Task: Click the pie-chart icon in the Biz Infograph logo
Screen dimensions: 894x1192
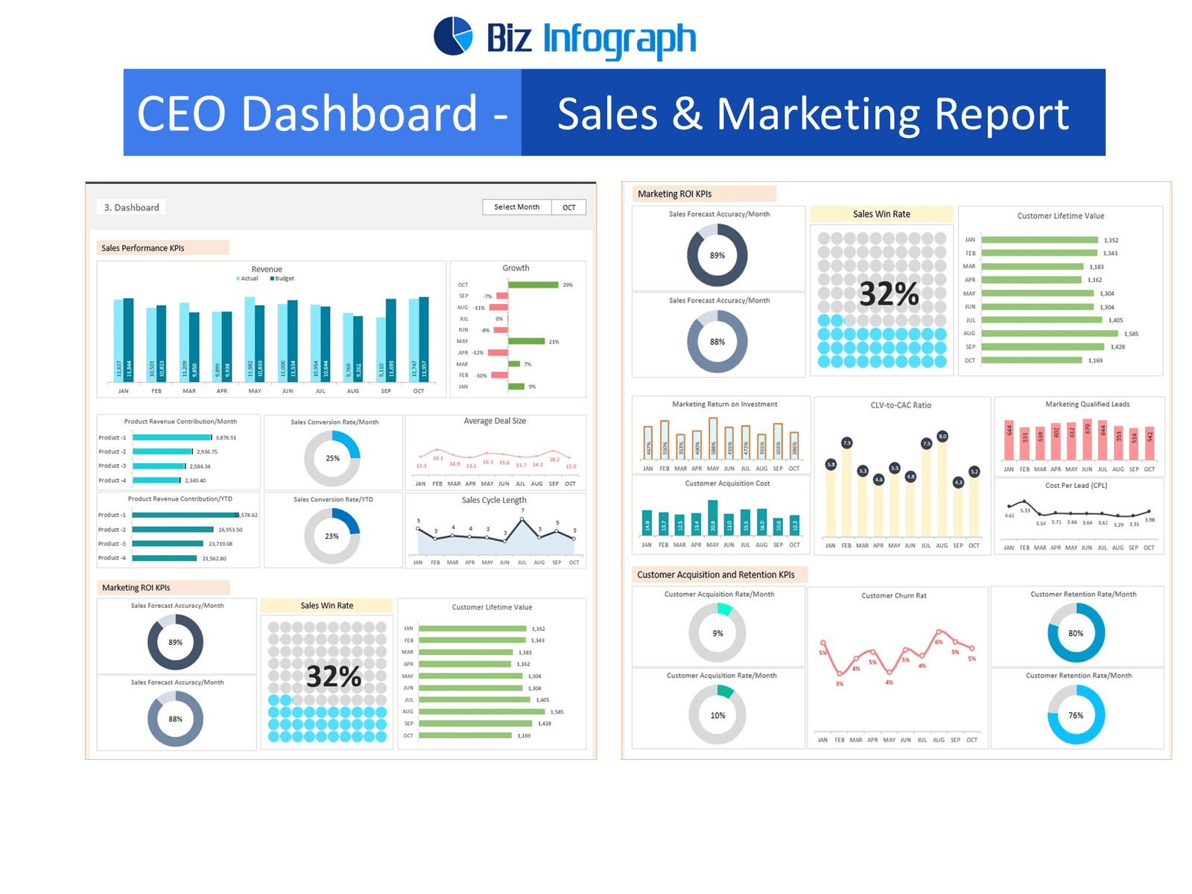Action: pyautogui.click(x=453, y=36)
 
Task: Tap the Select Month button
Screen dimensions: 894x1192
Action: pyautogui.click(x=516, y=207)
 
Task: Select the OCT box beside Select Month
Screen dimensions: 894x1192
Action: pyautogui.click(x=569, y=208)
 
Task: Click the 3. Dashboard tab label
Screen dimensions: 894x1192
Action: pyautogui.click(x=131, y=208)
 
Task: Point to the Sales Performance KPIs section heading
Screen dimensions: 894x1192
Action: pyautogui.click(x=143, y=248)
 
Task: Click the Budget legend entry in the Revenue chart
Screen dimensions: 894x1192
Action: pyautogui.click(x=282, y=279)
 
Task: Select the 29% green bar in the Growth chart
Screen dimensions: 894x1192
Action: pyautogui.click(x=533, y=285)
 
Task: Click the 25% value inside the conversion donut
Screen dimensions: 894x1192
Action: pyautogui.click(x=332, y=458)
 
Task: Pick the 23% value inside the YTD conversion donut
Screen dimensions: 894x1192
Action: pyautogui.click(x=332, y=536)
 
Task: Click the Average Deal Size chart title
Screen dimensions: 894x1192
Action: pyautogui.click(x=495, y=421)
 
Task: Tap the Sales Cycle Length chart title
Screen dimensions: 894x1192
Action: pyautogui.click(x=494, y=500)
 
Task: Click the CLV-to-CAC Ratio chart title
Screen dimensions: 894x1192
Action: pyautogui.click(x=901, y=405)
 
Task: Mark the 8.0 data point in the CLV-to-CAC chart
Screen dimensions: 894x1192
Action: pyautogui.click(x=942, y=437)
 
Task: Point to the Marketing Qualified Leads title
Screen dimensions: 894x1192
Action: pyautogui.click(x=1087, y=405)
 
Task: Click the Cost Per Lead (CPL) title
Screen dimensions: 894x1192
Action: pyautogui.click(x=1076, y=486)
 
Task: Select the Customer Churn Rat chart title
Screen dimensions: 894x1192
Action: pyautogui.click(x=894, y=596)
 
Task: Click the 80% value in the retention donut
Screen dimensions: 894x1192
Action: pyautogui.click(x=1076, y=633)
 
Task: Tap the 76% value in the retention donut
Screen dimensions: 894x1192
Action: pyautogui.click(x=1076, y=715)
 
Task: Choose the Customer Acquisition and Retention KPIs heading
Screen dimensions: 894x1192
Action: pyautogui.click(x=716, y=575)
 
